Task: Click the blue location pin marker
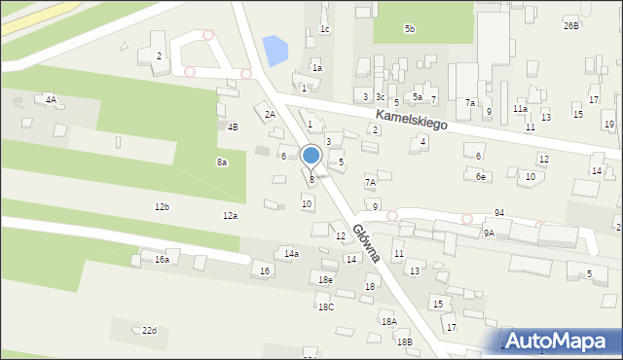click(x=311, y=156)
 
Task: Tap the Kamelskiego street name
click(x=410, y=122)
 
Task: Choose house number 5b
click(x=410, y=29)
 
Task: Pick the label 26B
click(x=570, y=25)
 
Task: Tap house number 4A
click(x=51, y=99)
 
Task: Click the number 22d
click(x=149, y=331)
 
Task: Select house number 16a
click(x=162, y=260)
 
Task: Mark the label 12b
click(x=162, y=207)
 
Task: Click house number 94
click(x=499, y=212)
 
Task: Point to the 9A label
click(x=489, y=234)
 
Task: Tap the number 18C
click(x=326, y=306)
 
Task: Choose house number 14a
click(x=291, y=254)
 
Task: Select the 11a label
click(x=521, y=109)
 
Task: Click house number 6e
click(x=481, y=177)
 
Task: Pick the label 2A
click(x=271, y=114)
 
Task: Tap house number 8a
click(x=222, y=162)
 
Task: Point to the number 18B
click(x=404, y=342)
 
